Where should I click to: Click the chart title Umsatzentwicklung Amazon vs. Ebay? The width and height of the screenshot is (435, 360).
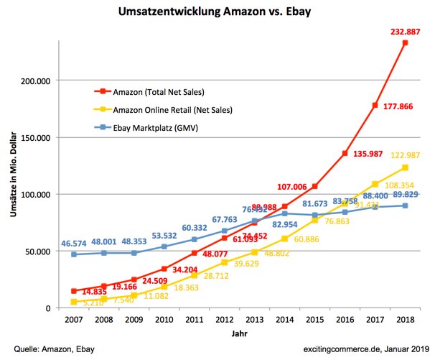[217, 13]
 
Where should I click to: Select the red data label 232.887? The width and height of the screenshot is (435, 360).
[403, 29]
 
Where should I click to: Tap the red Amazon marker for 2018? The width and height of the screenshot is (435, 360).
[406, 43]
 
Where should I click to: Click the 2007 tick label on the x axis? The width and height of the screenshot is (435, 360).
[73, 320]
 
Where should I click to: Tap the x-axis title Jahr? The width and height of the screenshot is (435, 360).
[240, 334]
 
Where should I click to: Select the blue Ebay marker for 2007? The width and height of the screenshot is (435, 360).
[73, 254]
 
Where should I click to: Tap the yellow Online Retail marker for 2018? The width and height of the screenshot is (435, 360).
[406, 167]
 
